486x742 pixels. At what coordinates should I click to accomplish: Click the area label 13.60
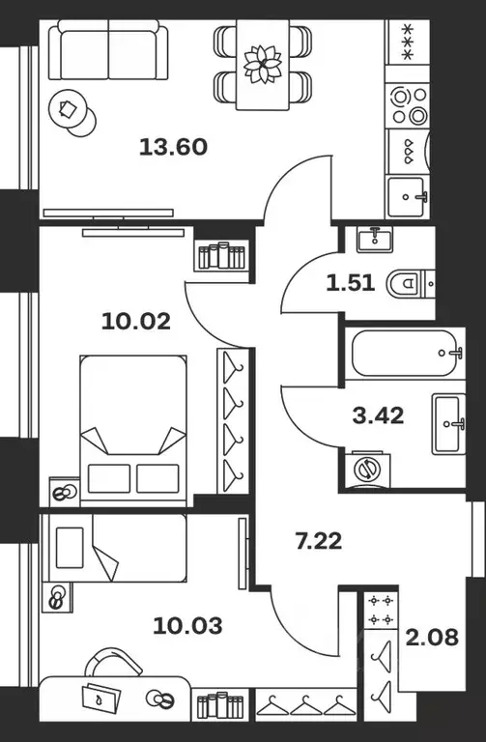(173, 147)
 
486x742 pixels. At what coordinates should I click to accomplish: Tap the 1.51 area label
(350, 283)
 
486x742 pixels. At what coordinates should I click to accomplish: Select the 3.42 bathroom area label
(378, 415)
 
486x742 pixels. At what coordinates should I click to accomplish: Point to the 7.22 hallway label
(319, 541)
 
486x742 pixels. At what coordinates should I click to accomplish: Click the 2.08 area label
(432, 637)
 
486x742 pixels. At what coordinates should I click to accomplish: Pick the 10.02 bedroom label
(136, 322)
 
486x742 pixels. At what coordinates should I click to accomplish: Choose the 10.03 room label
(187, 626)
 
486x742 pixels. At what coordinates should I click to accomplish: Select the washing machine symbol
(368, 469)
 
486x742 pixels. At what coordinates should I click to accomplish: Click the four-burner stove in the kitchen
(408, 105)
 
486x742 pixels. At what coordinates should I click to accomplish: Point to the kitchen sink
(407, 197)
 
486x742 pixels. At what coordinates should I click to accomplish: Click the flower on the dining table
(262, 64)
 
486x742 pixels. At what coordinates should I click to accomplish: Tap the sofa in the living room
(108, 49)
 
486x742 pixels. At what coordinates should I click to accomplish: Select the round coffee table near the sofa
(71, 113)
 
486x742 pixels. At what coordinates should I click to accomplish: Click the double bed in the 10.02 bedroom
(133, 431)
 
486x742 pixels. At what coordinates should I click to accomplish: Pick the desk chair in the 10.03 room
(113, 662)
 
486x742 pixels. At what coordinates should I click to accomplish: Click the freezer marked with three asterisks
(408, 43)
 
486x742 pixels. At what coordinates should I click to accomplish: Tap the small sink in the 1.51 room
(375, 239)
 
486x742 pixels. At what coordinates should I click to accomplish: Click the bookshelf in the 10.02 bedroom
(221, 256)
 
